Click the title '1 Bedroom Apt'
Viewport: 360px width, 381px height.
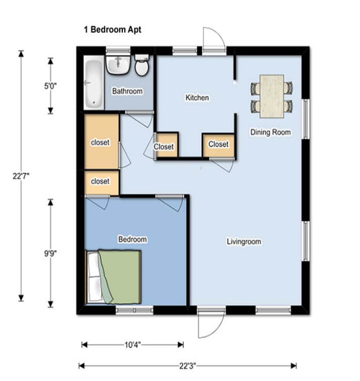(112, 30)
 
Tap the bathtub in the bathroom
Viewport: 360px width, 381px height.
(94, 83)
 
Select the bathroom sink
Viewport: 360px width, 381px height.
(118, 65)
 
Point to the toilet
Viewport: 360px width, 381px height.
(142, 65)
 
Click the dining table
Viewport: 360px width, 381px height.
(272, 96)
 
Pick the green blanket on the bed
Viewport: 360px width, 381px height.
(119, 277)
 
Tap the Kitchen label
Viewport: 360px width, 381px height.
(197, 98)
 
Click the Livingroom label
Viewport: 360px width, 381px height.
(244, 241)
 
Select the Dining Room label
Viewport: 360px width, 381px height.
(270, 132)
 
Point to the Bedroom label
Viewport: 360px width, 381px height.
(132, 239)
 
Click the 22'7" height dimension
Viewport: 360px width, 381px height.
(21, 176)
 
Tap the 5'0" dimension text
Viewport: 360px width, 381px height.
(50, 86)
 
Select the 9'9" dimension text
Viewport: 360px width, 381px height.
(50, 253)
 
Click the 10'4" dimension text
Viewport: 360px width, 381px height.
(132, 345)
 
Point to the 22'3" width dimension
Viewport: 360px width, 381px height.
(188, 366)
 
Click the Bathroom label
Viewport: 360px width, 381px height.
(127, 91)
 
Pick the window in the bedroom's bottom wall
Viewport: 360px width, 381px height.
(134, 310)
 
